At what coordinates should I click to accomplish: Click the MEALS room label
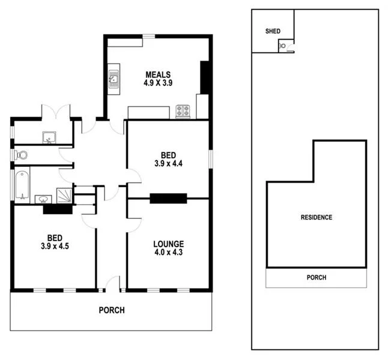pos(158,74)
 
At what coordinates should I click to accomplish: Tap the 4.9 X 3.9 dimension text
pos(158,83)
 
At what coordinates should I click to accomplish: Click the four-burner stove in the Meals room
pos(183,110)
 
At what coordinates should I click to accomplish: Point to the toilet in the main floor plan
pos(21,155)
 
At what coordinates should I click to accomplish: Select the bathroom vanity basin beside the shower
pos(43,198)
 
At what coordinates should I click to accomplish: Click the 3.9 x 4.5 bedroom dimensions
pos(55,245)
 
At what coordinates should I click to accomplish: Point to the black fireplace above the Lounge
pos(168,199)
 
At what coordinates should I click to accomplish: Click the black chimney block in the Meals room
pos(204,77)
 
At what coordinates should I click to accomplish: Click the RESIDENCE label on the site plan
pos(316,217)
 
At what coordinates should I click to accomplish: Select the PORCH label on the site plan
pos(316,278)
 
